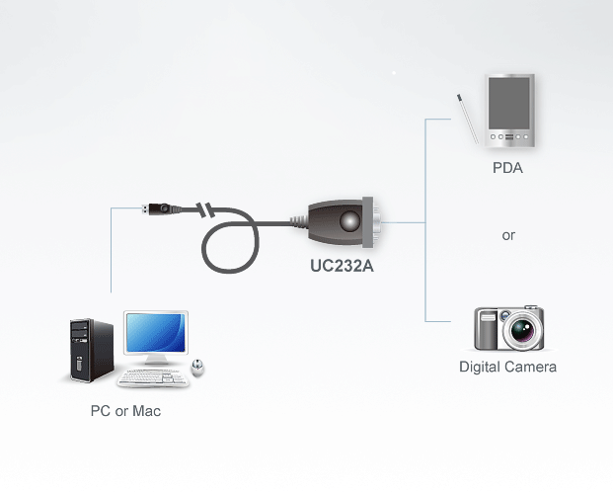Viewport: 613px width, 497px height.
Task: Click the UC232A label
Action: click(342, 266)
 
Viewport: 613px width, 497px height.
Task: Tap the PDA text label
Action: click(507, 168)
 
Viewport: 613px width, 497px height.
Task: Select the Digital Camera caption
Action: click(507, 368)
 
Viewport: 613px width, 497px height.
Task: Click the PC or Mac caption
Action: click(125, 411)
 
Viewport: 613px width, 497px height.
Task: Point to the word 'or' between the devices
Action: click(508, 235)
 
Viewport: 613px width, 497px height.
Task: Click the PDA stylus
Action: click(468, 119)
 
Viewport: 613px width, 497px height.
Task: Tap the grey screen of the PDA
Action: click(509, 104)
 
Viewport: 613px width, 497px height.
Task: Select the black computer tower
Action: click(92, 350)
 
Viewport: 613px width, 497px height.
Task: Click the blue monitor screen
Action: click(156, 333)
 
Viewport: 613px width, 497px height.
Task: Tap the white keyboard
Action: click(154, 378)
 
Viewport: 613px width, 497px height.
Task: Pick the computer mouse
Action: click(197, 368)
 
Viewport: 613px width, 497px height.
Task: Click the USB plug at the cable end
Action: click(157, 208)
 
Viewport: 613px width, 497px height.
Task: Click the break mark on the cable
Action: click(205, 210)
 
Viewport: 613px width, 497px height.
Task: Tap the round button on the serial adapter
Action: click(349, 221)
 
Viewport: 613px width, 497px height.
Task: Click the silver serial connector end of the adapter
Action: click(371, 222)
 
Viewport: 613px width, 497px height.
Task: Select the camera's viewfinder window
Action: click(488, 316)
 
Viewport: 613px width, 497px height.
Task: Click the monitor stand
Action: click(156, 360)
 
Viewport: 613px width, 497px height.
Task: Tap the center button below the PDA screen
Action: click(509, 137)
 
